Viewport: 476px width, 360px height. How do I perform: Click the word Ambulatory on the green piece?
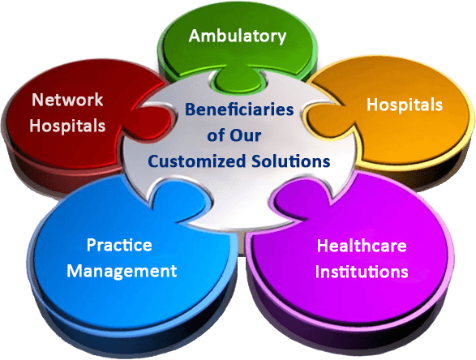tap(238, 36)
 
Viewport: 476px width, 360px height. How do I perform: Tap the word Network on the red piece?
tap(67, 100)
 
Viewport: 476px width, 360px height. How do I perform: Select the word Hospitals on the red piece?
tap(67, 126)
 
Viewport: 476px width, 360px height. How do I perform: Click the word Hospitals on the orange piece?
tap(405, 105)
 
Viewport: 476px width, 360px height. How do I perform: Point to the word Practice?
tap(119, 245)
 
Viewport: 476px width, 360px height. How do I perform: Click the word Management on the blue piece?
tap(122, 271)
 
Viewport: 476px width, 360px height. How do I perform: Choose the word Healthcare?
tap(362, 245)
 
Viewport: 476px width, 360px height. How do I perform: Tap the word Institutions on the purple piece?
tap(362, 272)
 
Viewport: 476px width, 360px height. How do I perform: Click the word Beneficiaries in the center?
tap(239, 109)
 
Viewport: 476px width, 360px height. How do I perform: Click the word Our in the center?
tap(245, 135)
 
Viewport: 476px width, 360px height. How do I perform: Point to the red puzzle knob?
tap(151, 122)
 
